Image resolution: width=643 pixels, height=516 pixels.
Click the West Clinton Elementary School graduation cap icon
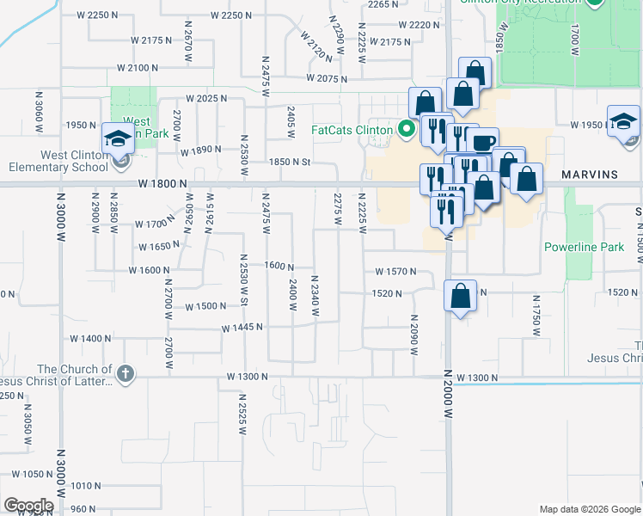pyautogui.click(x=118, y=138)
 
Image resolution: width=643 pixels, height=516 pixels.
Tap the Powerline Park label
pyautogui.click(x=584, y=247)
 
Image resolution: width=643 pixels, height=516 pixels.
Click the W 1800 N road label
pyautogui.click(x=138, y=183)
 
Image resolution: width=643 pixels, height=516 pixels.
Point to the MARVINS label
pyautogui.click(x=590, y=175)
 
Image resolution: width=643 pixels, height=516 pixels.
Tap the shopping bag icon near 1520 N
pyautogui.click(x=461, y=296)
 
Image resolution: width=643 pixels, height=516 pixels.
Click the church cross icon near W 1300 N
pyautogui.click(x=126, y=372)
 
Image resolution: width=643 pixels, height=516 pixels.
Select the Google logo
pyautogui.click(x=28, y=506)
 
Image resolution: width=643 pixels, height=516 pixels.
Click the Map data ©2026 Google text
pyautogui.click(x=589, y=509)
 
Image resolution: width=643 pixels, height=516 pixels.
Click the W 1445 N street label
pyautogui.click(x=242, y=329)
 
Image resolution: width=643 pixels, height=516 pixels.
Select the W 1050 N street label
pyautogui.click(x=33, y=474)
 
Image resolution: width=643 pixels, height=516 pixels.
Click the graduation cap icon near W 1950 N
pyautogui.click(x=622, y=121)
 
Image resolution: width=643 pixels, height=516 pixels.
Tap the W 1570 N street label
pyautogui.click(x=395, y=272)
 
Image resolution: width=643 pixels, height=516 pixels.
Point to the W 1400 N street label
pyautogui.click(x=103, y=339)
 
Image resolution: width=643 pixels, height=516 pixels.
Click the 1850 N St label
pyautogui.click(x=289, y=162)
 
